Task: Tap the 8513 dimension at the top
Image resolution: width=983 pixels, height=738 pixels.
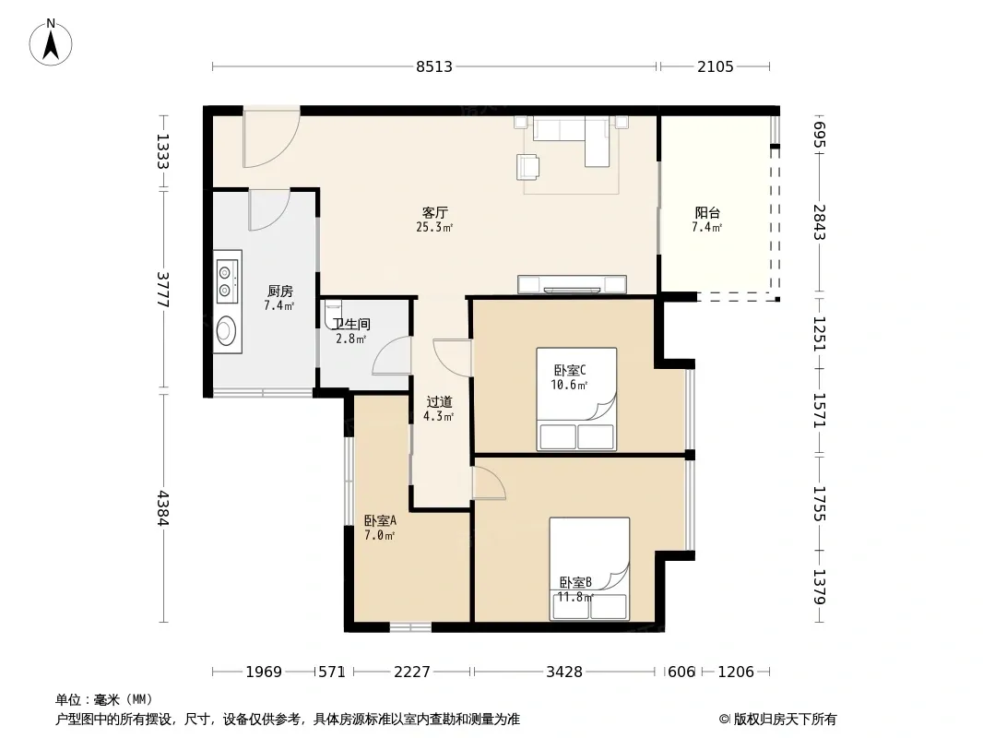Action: tap(433, 66)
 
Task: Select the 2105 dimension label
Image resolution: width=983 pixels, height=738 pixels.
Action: tap(716, 66)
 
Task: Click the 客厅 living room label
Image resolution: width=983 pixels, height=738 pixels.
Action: tap(434, 212)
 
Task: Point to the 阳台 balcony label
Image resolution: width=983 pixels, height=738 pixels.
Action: tap(707, 213)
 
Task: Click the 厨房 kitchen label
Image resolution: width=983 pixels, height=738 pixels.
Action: tap(279, 291)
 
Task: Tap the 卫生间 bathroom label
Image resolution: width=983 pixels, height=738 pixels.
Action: tap(351, 324)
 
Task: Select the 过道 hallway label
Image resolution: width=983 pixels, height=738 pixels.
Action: tap(439, 402)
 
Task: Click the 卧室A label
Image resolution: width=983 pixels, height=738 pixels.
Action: tap(380, 520)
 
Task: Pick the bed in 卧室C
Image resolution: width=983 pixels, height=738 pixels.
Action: tap(576, 399)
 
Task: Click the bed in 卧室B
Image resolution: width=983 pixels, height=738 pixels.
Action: tap(589, 568)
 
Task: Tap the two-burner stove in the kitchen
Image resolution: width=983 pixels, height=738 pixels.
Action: tap(227, 280)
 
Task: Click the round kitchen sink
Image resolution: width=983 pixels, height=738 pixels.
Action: tap(226, 330)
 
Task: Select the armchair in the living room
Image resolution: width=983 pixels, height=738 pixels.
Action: tap(527, 166)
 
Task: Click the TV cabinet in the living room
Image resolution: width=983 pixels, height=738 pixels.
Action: tap(572, 285)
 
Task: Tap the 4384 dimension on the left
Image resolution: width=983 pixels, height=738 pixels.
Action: tap(163, 508)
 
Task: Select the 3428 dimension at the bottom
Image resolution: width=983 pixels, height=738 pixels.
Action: tap(564, 673)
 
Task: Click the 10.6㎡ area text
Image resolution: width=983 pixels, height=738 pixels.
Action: tap(569, 385)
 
